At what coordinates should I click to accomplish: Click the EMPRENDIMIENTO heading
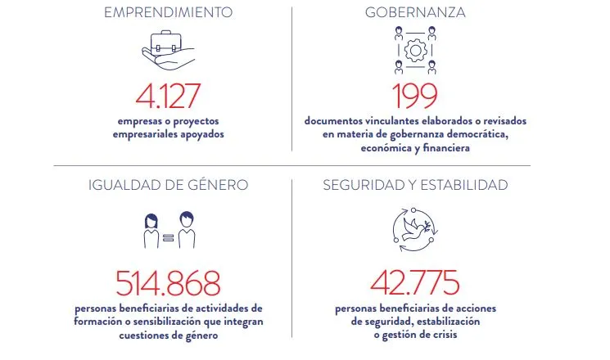(168, 12)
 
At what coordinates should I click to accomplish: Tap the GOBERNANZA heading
(415, 12)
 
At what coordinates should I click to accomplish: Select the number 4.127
(168, 96)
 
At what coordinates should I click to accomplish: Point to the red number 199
(414, 96)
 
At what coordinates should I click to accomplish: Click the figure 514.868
(168, 283)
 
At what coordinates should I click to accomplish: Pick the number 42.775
(414, 282)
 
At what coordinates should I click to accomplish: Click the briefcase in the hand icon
(166, 43)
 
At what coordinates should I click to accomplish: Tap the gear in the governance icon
(415, 51)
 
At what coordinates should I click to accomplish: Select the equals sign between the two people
(168, 237)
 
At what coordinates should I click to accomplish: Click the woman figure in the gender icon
(151, 231)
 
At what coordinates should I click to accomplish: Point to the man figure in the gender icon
(187, 230)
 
